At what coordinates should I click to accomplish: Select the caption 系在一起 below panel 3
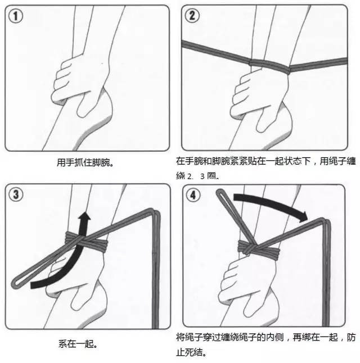[77, 342]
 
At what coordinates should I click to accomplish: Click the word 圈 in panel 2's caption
[211, 176]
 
